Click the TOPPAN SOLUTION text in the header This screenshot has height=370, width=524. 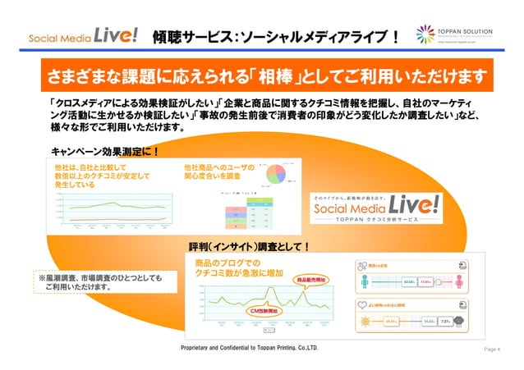(466, 31)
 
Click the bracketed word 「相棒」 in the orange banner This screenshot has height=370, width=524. (263, 77)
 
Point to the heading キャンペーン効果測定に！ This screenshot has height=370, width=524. (104, 152)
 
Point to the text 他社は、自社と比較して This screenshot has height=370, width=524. (94, 167)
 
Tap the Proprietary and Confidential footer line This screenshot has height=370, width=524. (250, 349)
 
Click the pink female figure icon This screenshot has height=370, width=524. (365, 282)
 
